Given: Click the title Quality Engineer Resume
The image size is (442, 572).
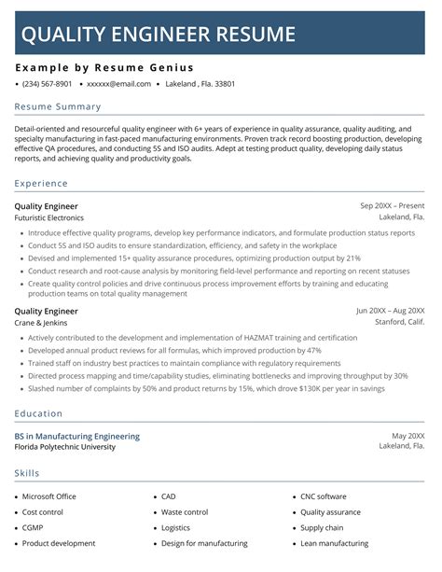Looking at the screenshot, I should [x=158, y=35].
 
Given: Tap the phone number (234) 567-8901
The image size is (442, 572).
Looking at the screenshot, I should [x=47, y=84].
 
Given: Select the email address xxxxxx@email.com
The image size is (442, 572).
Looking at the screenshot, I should [x=118, y=84].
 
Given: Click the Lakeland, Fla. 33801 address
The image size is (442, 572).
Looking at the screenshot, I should [x=199, y=84].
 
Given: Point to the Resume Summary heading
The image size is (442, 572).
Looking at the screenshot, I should [x=57, y=107].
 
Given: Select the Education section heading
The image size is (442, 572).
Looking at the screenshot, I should [x=38, y=413].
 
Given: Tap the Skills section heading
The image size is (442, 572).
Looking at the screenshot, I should [x=27, y=474].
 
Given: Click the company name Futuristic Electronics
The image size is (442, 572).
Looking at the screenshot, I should [x=48, y=217].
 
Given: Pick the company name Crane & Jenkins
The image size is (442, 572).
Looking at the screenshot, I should [x=40, y=323].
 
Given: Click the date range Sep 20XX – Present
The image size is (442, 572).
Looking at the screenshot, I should [x=392, y=205].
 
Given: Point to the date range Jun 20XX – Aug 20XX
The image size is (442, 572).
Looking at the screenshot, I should [x=390, y=311].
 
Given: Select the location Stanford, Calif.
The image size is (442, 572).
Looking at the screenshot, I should [x=399, y=323].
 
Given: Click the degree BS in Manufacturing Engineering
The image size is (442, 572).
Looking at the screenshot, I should [x=77, y=436].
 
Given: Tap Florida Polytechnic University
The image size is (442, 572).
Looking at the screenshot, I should [x=65, y=447].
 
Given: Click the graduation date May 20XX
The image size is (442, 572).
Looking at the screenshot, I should [x=407, y=436].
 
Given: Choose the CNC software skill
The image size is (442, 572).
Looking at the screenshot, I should [x=323, y=496].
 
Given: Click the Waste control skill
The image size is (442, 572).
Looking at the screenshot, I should [x=185, y=512].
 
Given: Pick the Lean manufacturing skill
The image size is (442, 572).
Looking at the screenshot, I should [x=335, y=543].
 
